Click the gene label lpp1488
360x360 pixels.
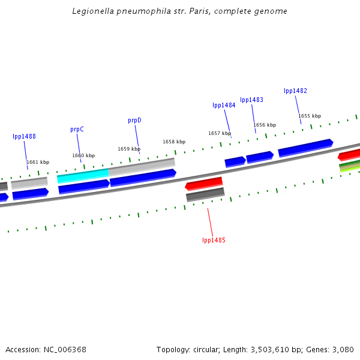pyautogui.click(x=24, y=136)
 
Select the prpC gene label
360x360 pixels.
pyautogui.click(x=77, y=129)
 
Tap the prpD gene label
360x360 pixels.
pyautogui.click(x=134, y=120)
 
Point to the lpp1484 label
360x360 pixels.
pyautogui.click(x=224, y=105)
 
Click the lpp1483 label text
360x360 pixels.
pyautogui.click(x=251, y=100)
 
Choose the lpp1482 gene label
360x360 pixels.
pyautogui.click(x=295, y=91)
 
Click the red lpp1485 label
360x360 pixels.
pyautogui.click(x=214, y=240)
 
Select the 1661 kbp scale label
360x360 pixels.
pyautogui.click(x=38, y=162)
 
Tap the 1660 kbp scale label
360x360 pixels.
pyautogui.click(x=83, y=155)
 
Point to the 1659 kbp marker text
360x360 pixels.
pyautogui.click(x=129, y=149)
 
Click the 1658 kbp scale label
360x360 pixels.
pyautogui.click(x=174, y=142)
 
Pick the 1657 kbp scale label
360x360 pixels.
pyautogui.click(x=220, y=133)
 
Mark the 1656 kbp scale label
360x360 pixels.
pyautogui.click(x=265, y=125)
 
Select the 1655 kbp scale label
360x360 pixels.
pyautogui.click(x=310, y=116)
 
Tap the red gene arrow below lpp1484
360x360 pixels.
pyautogui.click(x=204, y=183)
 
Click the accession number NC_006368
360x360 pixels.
pyautogui.click(x=65, y=349)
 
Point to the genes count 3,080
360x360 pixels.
pyautogui.click(x=342, y=349)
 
